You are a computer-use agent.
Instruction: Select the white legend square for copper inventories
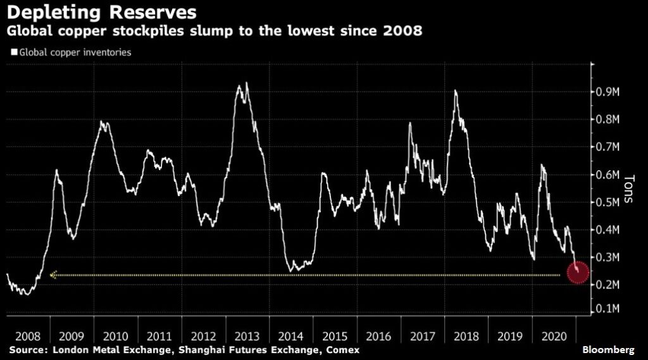tap(13, 53)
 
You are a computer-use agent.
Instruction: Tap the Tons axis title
tap(630, 188)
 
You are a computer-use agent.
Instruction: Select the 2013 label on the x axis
tap(247, 337)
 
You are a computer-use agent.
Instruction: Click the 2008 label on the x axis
tap(28, 337)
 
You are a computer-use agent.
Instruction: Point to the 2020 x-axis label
tap(555, 337)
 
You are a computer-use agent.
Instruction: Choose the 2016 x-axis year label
tap(379, 337)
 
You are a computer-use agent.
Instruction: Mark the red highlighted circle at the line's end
tap(578, 273)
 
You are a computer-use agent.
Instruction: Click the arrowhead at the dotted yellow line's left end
tap(53, 275)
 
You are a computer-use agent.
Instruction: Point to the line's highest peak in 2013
tap(246, 83)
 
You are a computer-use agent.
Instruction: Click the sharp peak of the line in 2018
tap(456, 91)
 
